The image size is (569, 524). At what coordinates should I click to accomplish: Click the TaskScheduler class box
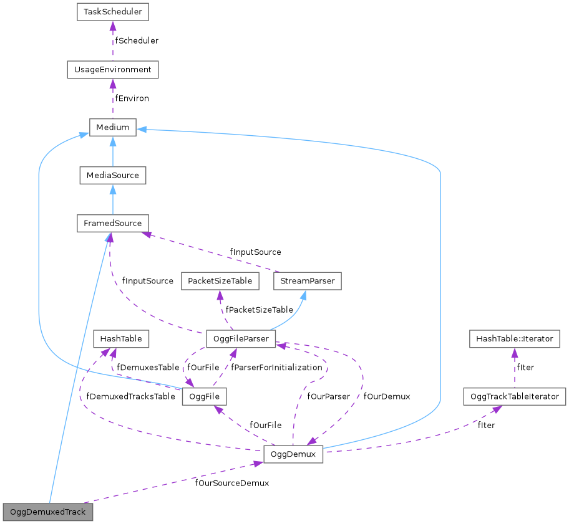tap(112, 12)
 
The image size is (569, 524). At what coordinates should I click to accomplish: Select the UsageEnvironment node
tap(112, 69)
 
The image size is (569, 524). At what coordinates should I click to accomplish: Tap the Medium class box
tap(112, 127)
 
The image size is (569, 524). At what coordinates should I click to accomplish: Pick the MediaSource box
tap(112, 175)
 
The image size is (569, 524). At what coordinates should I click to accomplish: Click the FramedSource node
tap(112, 223)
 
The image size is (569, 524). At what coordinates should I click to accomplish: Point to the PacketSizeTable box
tap(220, 281)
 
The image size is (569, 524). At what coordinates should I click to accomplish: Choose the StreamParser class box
tap(307, 281)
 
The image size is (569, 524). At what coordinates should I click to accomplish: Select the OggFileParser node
tap(241, 339)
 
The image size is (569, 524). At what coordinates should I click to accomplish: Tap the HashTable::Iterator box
tap(515, 339)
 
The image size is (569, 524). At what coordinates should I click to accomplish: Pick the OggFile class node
tap(203, 396)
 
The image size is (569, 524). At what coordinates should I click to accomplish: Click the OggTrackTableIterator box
tap(515, 396)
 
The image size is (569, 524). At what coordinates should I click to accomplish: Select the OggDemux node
tap(293, 454)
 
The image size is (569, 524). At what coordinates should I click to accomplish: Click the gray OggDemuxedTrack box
tap(48, 512)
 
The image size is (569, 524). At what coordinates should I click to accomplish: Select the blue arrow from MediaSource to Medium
tap(112, 151)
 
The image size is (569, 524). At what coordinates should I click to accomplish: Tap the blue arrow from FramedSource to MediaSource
tap(112, 199)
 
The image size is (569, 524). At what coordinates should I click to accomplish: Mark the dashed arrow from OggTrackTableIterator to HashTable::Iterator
tap(515, 368)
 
